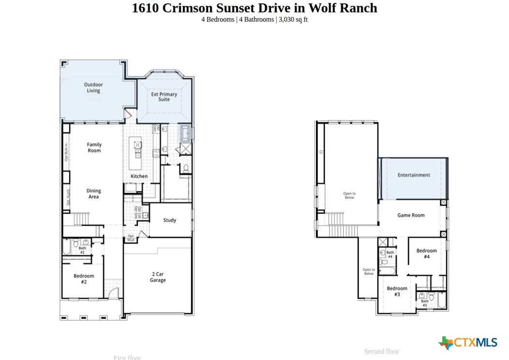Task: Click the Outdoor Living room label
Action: pos(93,87)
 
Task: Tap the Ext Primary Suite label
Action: pos(164,97)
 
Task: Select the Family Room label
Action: pos(94,147)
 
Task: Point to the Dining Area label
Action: pos(94,194)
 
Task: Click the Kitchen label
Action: pos(139,176)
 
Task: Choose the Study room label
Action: pos(170,220)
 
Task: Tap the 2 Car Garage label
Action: pos(158,277)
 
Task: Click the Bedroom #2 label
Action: pos(84,279)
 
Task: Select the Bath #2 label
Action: pos(82,250)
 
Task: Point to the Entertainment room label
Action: pos(414,175)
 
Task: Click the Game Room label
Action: pos(411,215)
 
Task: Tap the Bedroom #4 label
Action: pos(427,254)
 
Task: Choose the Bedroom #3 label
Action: pos(397,291)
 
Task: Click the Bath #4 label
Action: pos(390,254)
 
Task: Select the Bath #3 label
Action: pos(424,303)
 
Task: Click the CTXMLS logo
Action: pos(468,343)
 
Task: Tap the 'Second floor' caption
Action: pos(381,351)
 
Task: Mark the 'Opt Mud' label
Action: pos(131,238)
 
